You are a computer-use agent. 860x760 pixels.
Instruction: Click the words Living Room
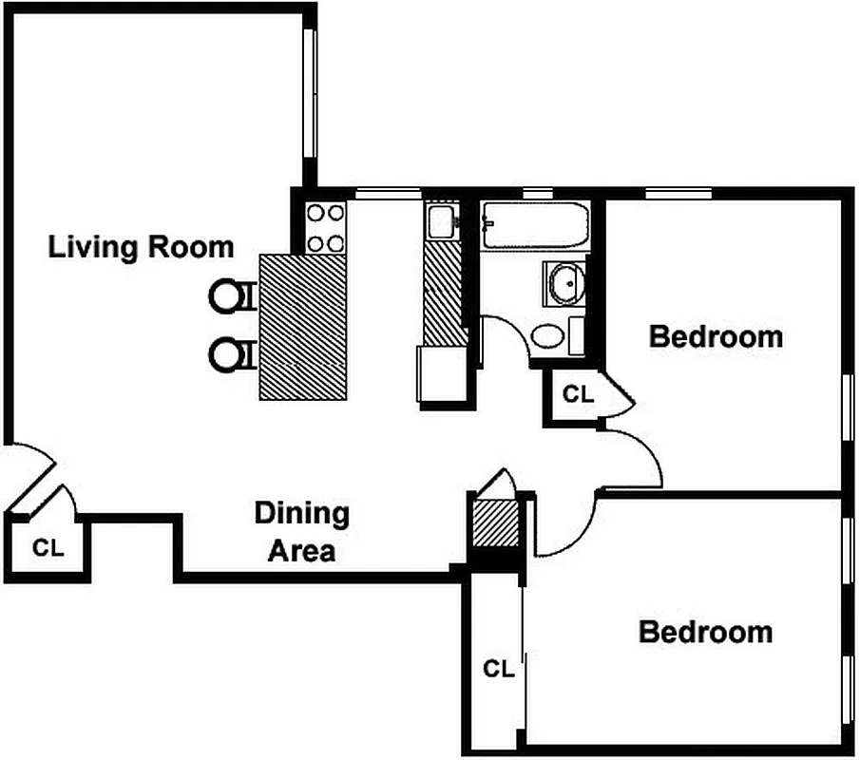point(141,248)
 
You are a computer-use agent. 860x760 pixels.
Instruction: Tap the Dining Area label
point(301,532)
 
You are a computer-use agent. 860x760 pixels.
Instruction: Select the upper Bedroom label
point(716,336)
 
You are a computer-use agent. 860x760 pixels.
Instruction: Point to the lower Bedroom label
point(705,632)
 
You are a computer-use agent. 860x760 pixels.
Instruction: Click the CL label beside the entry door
point(47,548)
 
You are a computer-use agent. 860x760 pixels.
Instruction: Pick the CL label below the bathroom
point(578,394)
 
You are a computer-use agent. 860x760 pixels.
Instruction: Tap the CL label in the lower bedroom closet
point(498,669)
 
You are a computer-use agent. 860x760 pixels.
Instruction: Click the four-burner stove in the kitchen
point(326,228)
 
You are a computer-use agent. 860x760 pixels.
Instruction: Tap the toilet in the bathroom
point(548,335)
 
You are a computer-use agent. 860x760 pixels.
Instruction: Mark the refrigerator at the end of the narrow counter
point(441,376)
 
